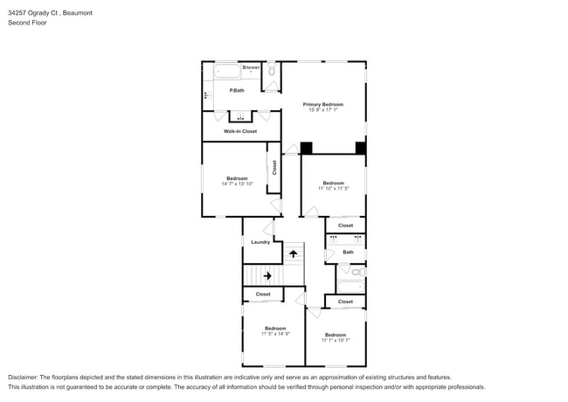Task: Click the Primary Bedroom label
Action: tap(322, 104)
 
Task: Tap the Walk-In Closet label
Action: tap(240, 131)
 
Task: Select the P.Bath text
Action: tap(236, 91)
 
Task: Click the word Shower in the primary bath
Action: tap(252, 67)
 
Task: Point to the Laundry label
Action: tap(260, 242)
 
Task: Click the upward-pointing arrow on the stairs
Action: tap(294, 253)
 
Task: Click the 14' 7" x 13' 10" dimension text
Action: tap(237, 184)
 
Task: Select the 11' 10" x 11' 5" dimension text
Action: tap(333, 189)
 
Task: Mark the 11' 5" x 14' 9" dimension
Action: tap(275, 334)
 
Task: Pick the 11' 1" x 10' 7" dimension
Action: tap(336, 340)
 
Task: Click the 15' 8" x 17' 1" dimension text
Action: tap(322, 110)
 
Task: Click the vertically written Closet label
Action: tap(274, 167)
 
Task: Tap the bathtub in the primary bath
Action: tap(225, 72)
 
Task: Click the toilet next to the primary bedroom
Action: tap(272, 71)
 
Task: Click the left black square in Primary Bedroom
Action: tap(306, 148)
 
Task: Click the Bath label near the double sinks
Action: tap(348, 253)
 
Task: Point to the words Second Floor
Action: tap(28, 23)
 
